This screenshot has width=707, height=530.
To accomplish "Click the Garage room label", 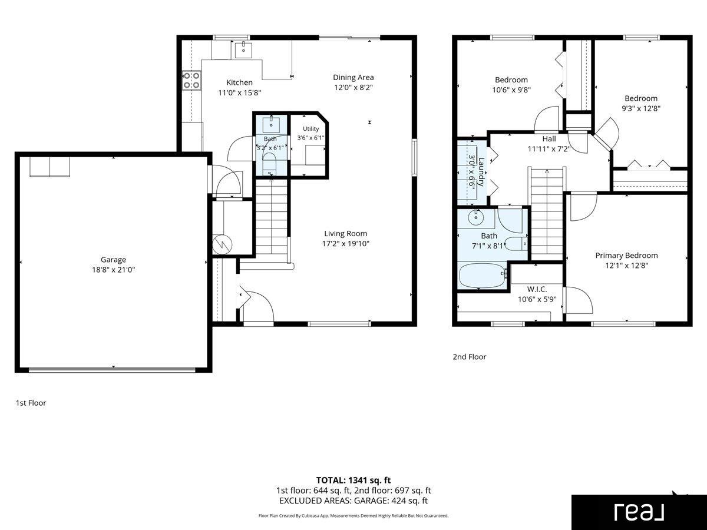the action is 113,259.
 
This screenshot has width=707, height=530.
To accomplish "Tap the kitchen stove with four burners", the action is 191,81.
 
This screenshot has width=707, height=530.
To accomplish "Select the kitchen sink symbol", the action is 243,49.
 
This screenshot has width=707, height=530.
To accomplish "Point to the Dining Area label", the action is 353,77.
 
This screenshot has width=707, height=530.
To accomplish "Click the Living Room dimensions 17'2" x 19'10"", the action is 346,244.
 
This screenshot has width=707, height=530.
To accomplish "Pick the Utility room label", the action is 311,129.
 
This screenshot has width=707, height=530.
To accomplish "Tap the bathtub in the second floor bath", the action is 483,276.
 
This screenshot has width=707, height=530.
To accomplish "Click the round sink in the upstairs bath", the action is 476,217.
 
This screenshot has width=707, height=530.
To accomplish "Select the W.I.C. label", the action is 537,289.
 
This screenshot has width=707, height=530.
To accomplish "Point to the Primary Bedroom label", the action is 626,256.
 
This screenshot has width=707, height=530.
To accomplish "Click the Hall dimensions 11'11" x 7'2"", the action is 549,149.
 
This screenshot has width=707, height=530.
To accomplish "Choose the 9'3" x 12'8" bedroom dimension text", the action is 641,108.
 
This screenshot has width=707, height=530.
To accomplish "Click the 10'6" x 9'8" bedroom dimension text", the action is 511,90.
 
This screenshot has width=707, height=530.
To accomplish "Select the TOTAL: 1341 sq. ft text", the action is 353,481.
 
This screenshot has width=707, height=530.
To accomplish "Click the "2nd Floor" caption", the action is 470,356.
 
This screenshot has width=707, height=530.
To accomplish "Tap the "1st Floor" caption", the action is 31,403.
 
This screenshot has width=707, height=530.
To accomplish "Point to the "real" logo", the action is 639,512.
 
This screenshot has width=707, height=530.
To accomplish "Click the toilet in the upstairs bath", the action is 516,244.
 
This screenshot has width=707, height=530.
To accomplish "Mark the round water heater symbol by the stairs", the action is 222,244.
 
